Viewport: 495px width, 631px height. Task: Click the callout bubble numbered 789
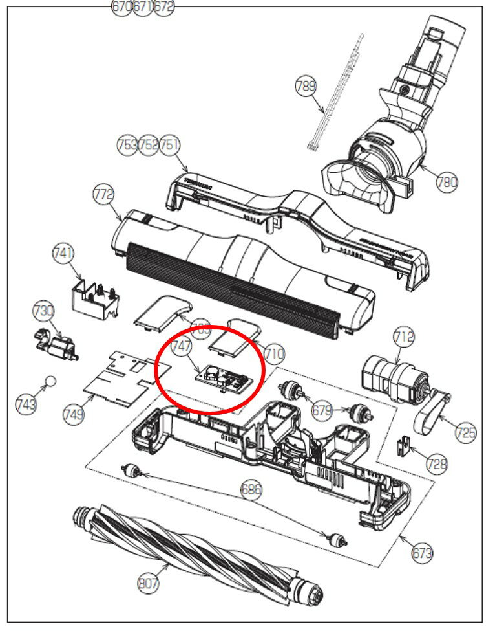(306, 86)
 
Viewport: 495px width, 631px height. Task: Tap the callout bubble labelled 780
(447, 182)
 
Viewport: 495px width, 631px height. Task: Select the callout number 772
(103, 194)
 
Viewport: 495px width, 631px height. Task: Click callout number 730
(43, 311)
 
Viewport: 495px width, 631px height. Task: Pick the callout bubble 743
(26, 404)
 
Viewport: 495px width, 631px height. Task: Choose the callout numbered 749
(74, 415)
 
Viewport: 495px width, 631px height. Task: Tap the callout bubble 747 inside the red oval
(182, 347)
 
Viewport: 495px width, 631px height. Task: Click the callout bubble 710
(274, 354)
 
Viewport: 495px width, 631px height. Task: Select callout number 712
(404, 337)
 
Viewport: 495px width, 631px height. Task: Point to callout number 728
(437, 463)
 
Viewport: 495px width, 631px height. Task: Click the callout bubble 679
(322, 410)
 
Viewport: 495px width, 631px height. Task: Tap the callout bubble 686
(251, 490)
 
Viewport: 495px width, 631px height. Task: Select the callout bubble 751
(169, 145)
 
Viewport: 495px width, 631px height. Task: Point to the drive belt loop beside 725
(431, 415)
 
